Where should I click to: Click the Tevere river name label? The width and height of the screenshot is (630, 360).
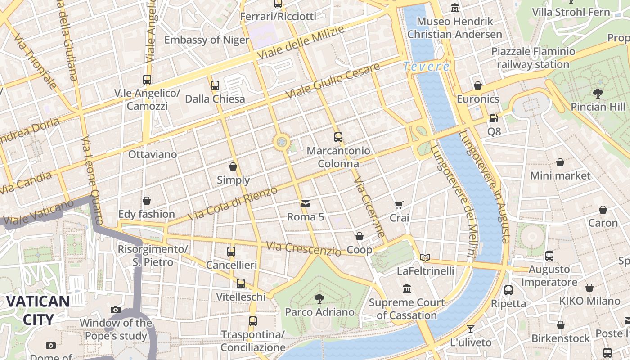(426, 67)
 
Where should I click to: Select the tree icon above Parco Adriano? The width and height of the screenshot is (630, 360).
(319, 298)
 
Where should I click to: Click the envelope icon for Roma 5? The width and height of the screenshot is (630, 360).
(306, 204)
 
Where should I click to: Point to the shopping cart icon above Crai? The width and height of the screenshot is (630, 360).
(399, 205)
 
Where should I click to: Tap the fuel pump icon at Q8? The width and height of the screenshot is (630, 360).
(494, 118)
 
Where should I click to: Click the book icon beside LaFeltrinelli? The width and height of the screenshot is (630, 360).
(425, 257)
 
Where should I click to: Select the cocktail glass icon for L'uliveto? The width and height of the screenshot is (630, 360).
(471, 329)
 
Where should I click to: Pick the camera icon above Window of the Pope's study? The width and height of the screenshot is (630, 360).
(116, 310)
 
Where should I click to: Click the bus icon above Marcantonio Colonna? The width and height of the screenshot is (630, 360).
(338, 137)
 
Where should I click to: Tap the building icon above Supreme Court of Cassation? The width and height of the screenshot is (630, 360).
(407, 288)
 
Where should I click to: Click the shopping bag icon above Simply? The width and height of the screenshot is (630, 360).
(233, 167)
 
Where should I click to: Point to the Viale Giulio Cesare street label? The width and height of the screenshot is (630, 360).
(333, 82)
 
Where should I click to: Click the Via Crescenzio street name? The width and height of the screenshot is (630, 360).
(303, 249)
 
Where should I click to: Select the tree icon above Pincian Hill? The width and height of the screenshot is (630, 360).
(598, 94)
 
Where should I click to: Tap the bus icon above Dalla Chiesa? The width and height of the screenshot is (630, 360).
(215, 85)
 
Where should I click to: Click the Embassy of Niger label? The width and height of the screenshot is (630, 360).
(207, 40)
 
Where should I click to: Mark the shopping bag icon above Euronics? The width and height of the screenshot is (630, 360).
(478, 85)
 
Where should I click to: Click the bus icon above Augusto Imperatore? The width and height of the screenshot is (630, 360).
(549, 256)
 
